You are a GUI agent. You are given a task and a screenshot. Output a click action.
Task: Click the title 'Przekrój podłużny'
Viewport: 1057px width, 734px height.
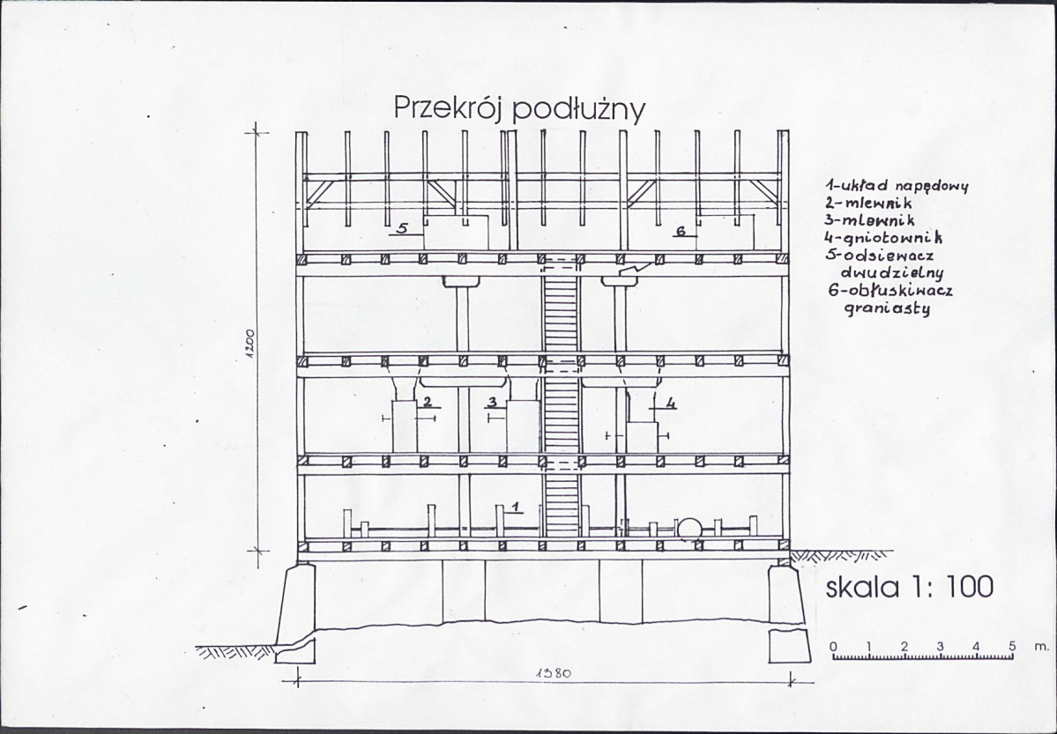tap(519, 108)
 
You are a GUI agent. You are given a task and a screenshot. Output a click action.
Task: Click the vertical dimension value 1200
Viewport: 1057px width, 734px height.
tap(249, 344)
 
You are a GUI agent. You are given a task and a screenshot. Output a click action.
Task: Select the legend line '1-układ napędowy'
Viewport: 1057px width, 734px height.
tap(897, 185)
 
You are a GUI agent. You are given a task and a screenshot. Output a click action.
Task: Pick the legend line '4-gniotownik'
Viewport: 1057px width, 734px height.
tap(882, 237)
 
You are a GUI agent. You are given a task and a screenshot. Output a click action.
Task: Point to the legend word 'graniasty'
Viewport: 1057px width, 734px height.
tap(887, 308)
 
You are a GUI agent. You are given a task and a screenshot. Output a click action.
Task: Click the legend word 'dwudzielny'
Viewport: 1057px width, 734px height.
tap(892, 272)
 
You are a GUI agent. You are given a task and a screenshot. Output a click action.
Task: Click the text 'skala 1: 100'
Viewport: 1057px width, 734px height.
tap(910, 587)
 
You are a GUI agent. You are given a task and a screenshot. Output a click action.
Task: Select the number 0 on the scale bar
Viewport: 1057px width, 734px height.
tap(834, 647)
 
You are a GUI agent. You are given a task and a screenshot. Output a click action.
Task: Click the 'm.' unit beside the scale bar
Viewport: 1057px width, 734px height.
tap(1041, 647)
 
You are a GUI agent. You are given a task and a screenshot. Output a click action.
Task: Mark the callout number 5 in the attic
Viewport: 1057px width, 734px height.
tap(403, 228)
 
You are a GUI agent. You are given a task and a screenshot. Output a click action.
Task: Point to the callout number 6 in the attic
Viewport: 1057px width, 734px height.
tap(681, 231)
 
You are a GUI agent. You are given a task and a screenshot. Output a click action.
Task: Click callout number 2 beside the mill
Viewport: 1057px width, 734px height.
tap(427, 403)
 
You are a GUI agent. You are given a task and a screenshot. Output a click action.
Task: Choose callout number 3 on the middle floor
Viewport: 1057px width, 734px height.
tap(492, 403)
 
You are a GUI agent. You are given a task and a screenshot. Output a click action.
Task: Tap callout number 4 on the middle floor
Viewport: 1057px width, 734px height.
tap(670, 403)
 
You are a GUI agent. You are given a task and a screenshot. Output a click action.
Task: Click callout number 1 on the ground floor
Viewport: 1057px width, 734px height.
tap(515, 506)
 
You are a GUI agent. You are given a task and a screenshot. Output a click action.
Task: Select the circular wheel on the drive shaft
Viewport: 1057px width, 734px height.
tap(689, 529)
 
